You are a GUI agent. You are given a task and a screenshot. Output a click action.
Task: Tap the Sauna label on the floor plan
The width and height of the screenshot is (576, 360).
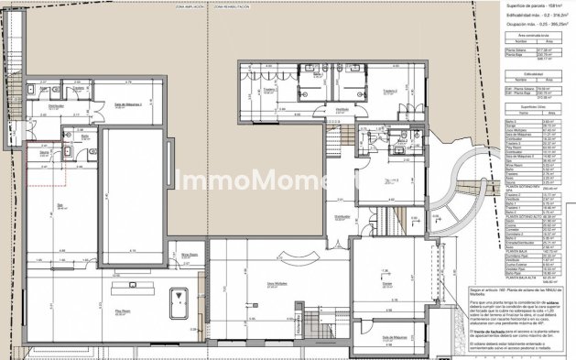42,154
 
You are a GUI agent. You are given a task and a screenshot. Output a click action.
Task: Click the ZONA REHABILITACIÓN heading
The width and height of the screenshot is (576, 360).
233,5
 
